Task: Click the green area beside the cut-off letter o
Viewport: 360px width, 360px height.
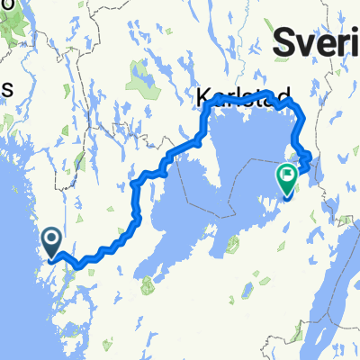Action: [13, 27]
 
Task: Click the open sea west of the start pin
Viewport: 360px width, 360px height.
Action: [18, 261]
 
